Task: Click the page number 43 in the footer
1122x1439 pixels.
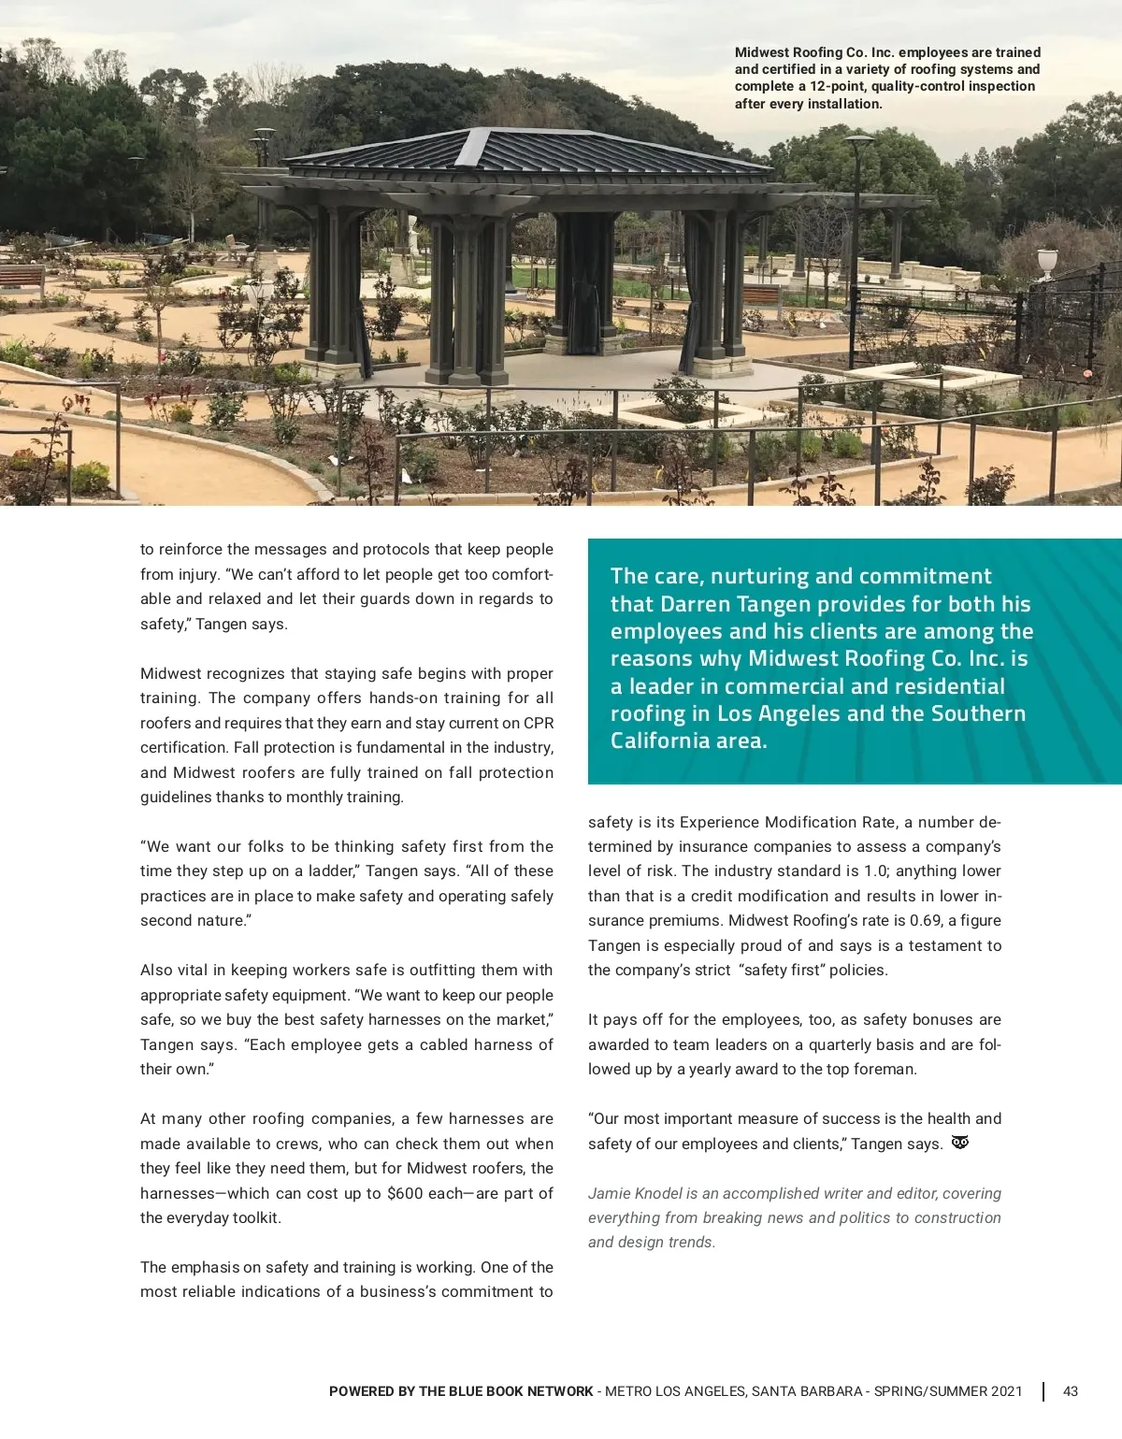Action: tap(1071, 1391)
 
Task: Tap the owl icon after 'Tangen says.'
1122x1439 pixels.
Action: tap(959, 1143)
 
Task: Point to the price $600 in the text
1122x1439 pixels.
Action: tap(405, 1193)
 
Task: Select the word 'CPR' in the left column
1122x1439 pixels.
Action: tap(539, 723)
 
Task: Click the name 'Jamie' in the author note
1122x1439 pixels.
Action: tap(608, 1193)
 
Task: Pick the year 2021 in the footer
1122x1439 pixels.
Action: tap(1005, 1391)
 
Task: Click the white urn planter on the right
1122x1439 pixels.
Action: tap(1047, 260)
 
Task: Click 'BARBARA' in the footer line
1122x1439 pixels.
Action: tap(832, 1391)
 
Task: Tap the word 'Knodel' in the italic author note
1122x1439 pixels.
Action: tap(658, 1193)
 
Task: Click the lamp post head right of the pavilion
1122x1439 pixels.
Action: tap(858, 140)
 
